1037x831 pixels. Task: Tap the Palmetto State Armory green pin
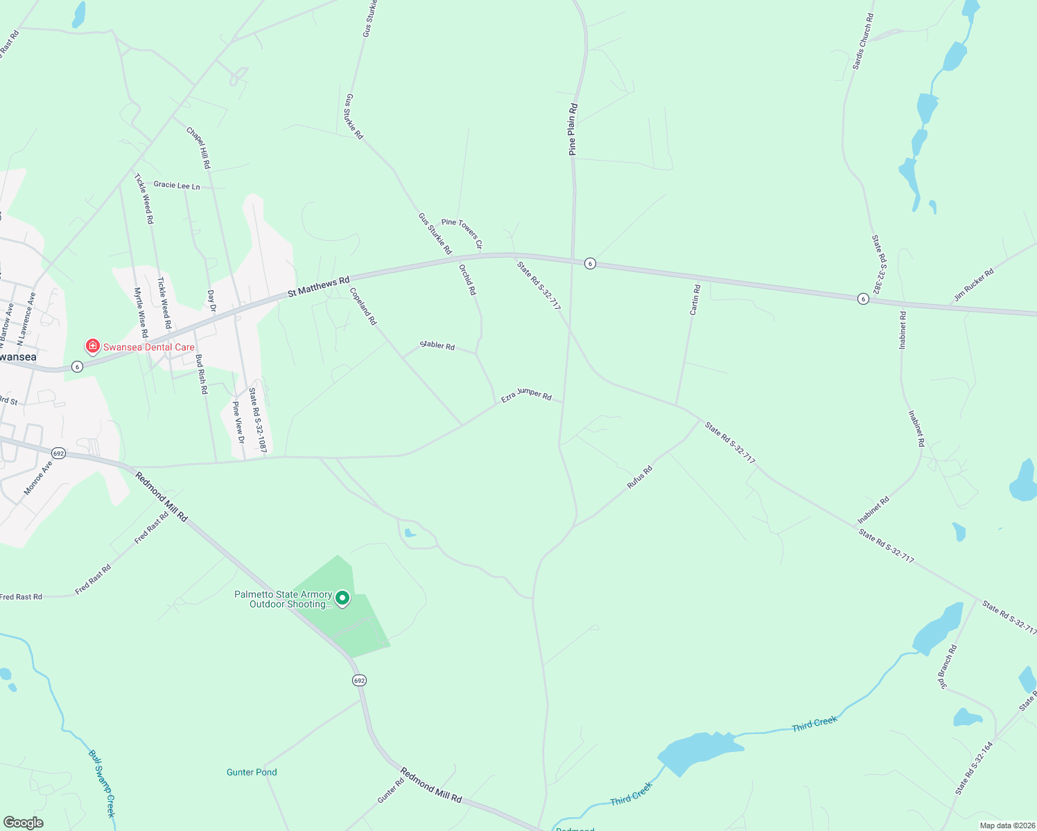coord(342,598)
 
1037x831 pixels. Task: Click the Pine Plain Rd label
coord(573,129)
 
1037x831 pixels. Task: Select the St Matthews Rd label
coord(318,287)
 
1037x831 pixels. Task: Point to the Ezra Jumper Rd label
coord(526,394)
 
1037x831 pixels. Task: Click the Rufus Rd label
coord(639,478)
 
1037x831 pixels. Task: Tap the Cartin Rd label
coord(695,300)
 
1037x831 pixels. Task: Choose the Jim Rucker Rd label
coord(973,285)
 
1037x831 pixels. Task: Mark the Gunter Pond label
coord(252,772)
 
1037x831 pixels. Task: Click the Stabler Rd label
coord(437,345)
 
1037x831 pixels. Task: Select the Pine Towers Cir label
coord(462,233)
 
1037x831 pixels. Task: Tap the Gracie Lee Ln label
coord(176,186)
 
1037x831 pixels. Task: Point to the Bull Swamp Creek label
coord(102,783)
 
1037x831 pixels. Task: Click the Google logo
coord(23,822)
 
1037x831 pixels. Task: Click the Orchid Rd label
coord(468,279)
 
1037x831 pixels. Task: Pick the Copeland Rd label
coord(363,306)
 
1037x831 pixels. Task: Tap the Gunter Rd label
coord(390,791)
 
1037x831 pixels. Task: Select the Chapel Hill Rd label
coord(198,148)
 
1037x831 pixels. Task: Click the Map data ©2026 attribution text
coord(1007,825)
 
